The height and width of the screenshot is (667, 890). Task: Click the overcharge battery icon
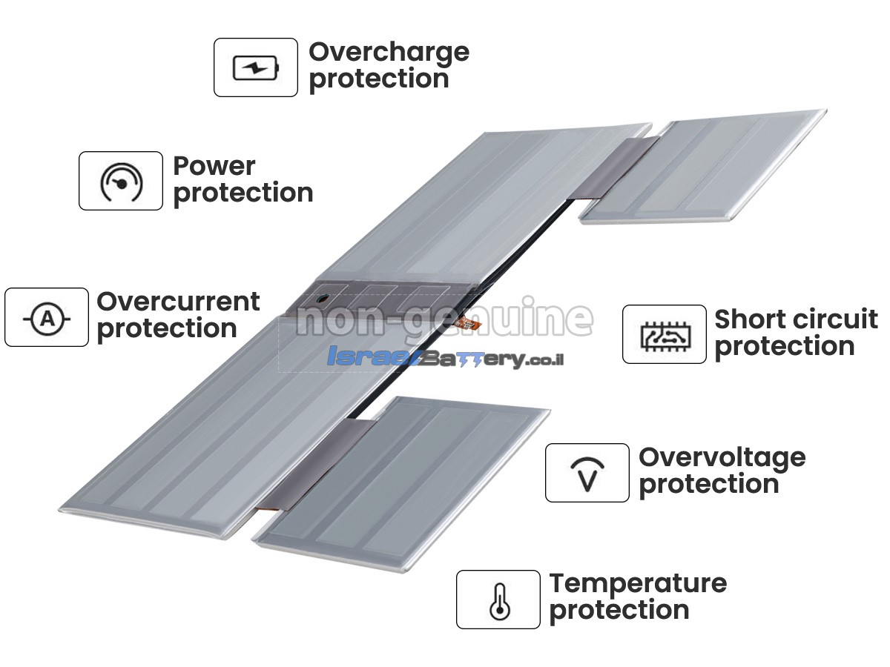256,67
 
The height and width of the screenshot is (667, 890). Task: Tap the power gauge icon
121,182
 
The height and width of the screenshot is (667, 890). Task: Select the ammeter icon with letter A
47,319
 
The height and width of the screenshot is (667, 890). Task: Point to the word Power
214,166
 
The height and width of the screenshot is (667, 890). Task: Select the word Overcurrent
178,302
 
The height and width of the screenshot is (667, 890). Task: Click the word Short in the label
745,319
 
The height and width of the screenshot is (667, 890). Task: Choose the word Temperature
638,583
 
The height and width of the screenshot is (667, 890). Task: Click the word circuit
828,319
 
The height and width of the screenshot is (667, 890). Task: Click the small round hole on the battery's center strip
323,299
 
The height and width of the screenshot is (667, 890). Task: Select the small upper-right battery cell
702,166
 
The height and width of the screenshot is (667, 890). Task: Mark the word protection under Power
243,193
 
